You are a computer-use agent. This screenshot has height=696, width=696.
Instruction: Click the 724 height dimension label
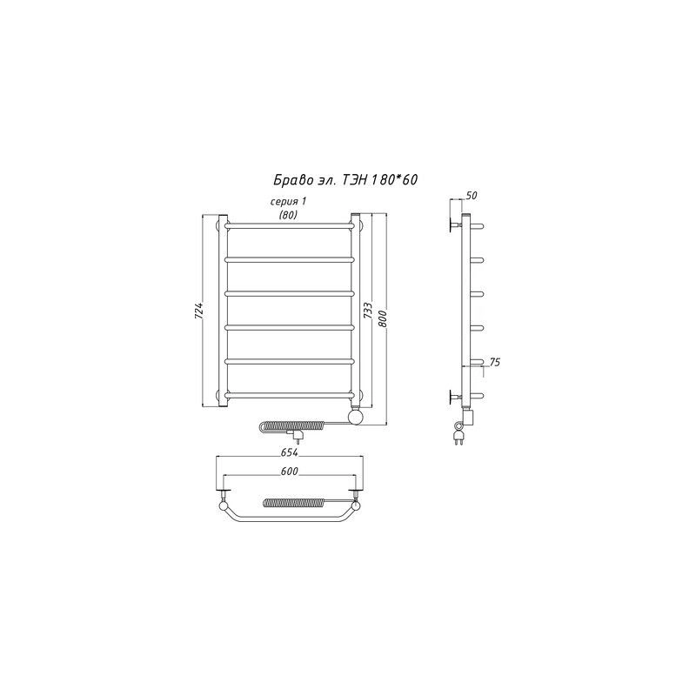(x=199, y=311)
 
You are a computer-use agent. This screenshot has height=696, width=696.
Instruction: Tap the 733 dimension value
(x=367, y=311)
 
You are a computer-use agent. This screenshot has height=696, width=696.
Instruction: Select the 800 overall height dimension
(x=383, y=318)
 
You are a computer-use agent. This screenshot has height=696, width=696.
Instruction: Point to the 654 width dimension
(x=290, y=452)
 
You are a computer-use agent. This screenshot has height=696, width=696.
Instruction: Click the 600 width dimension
(x=290, y=471)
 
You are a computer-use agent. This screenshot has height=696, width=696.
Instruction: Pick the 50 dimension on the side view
(x=472, y=195)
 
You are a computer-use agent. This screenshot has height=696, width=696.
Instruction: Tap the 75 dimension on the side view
(x=494, y=362)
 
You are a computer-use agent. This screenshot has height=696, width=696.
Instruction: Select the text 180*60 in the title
(x=394, y=179)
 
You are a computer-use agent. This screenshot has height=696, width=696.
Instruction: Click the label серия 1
(x=289, y=202)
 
